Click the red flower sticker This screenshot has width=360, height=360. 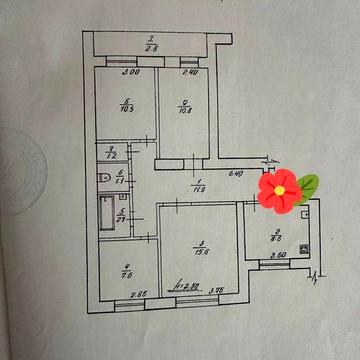(280, 188)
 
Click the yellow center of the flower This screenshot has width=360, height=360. (280, 188)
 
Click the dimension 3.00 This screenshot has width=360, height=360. (130, 72)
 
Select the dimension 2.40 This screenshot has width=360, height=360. (191, 72)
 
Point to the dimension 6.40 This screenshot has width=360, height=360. (238, 176)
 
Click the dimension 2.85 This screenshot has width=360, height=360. (141, 293)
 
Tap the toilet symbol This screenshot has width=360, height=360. (104, 177)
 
